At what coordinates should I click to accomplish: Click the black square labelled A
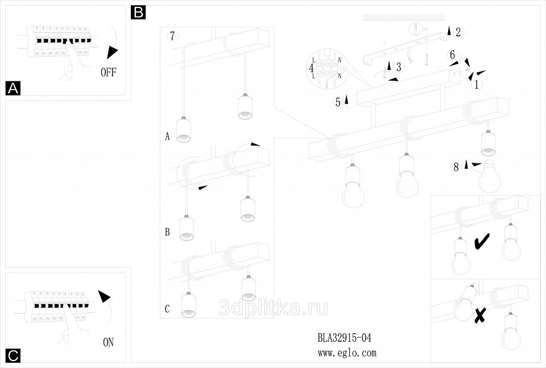click(13, 88)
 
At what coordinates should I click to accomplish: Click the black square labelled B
click(138, 12)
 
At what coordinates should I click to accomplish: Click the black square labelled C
click(13, 355)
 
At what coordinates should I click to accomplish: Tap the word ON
click(108, 342)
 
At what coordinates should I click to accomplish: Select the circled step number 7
click(173, 36)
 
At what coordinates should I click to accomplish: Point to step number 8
click(456, 167)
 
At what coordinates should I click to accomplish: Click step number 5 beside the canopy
click(338, 102)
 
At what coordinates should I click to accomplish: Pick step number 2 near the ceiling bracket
click(458, 32)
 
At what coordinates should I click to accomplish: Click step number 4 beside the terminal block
click(311, 68)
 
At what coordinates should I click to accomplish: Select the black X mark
click(480, 315)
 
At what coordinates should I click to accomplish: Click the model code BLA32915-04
click(344, 338)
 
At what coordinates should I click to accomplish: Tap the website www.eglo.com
click(347, 353)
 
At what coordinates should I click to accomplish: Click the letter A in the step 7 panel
click(167, 137)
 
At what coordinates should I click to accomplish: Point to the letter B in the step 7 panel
click(167, 232)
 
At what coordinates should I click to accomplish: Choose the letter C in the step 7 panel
click(167, 309)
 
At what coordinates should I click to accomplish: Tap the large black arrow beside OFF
click(113, 52)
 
